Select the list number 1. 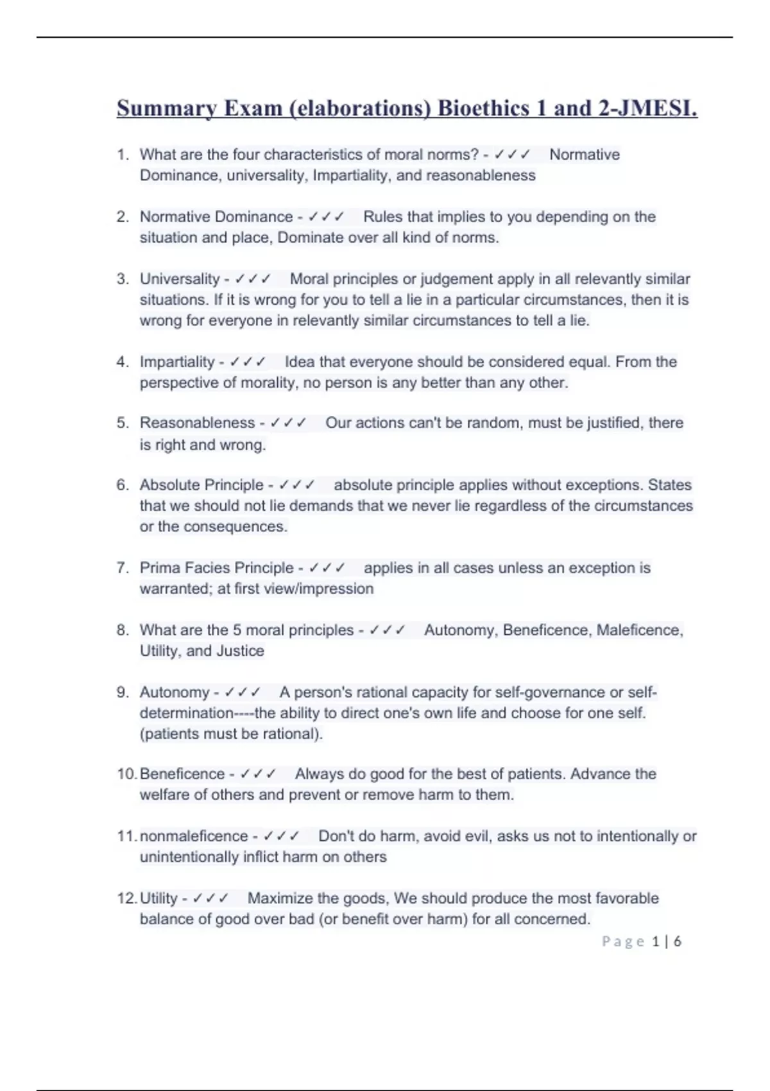point(123,155)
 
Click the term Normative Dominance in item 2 point(216,217)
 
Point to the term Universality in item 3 point(180,279)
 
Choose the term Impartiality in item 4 point(177,362)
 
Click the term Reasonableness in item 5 point(197,423)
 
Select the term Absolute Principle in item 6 point(201,485)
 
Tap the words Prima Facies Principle point(216,568)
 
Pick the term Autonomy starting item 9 point(175,692)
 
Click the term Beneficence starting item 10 point(182,774)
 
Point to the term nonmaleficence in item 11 point(194,836)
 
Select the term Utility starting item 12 point(158,898)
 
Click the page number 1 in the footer point(655,941)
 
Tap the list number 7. point(123,568)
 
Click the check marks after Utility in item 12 point(210,898)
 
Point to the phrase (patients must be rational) point(231,734)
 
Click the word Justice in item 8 point(241,651)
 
